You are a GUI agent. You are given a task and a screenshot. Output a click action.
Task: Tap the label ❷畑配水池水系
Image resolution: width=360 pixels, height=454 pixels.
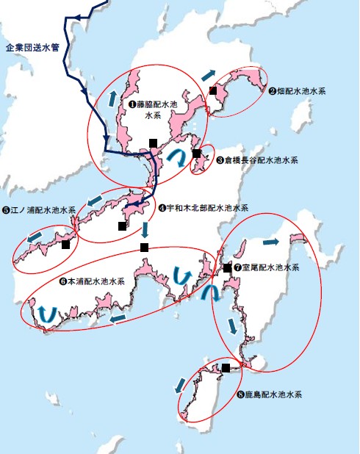(297, 91)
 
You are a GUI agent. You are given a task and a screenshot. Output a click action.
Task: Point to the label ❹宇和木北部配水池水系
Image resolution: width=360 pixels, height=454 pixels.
(204, 208)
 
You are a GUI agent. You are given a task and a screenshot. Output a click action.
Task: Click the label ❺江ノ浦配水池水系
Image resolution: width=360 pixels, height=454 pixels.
(39, 210)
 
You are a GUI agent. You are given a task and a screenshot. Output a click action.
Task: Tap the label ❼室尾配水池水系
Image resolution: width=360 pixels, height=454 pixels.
(267, 268)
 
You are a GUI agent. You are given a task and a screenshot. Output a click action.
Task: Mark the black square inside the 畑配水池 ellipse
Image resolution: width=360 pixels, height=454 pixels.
(213, 90)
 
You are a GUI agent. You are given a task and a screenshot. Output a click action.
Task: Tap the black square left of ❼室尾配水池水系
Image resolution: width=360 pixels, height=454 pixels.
(228, 268)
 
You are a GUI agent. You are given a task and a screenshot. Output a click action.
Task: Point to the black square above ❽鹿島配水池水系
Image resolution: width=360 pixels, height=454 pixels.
(226, 367)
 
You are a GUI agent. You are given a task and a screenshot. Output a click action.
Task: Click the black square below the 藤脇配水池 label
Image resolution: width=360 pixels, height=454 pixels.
(153, 142)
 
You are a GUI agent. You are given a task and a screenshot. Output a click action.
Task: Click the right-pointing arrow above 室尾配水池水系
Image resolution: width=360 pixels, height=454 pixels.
(270, 241)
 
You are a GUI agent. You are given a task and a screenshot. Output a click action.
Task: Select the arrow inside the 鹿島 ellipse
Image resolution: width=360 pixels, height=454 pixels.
(179, 384)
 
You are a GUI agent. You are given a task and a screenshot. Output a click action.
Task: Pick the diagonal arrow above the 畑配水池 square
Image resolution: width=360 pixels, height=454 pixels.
(209, 76)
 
